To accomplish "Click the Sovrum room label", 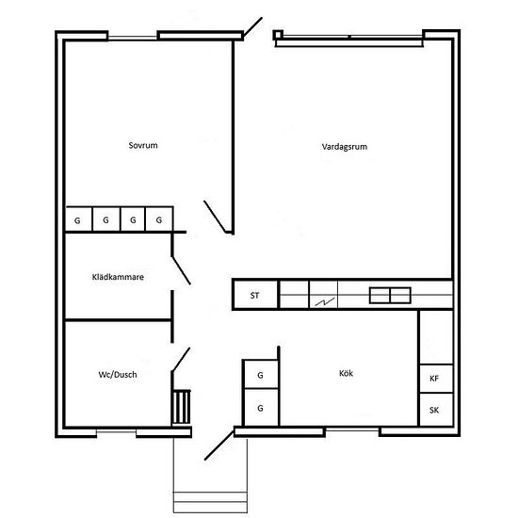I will pyautogui.click(x=143, y=146).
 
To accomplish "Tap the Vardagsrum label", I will pyautogui.click(x=345, y=146).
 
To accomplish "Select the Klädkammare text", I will pyautogui.click(x=118, y=277).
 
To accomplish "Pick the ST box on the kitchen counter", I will pyautogui.click(x=255, y=296).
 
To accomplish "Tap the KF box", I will pyautogui.click(x=434, y=378).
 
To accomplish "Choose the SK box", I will pyautogui.click(x=434, y=411).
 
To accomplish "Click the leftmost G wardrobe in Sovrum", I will pyautogui.click(x=77, y=219).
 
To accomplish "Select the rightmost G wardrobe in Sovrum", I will pyautogui.click(x=160, y=219).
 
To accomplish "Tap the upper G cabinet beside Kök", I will pyautogui.click(x=260, y=377).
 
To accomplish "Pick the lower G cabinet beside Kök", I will pyautogui.click(x=260, y=409).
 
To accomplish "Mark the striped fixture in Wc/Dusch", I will pyautogui.click(x=181, y=407).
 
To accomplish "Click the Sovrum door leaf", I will pyautogui.click(x=217, y=218).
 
